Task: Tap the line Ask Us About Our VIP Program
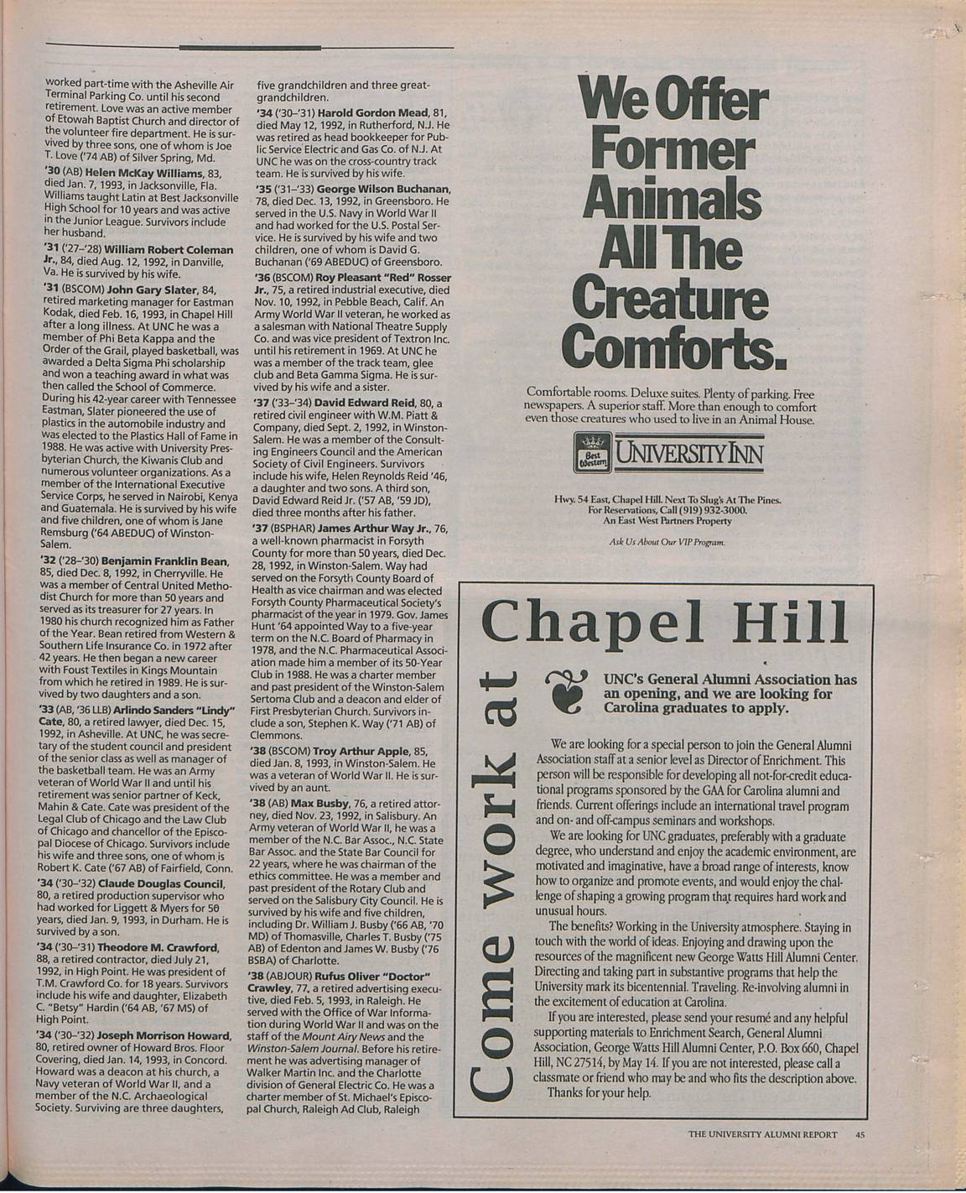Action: (667, 542)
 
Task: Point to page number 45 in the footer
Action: (860, 1135)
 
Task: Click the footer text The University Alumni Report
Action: (761, 1135)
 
